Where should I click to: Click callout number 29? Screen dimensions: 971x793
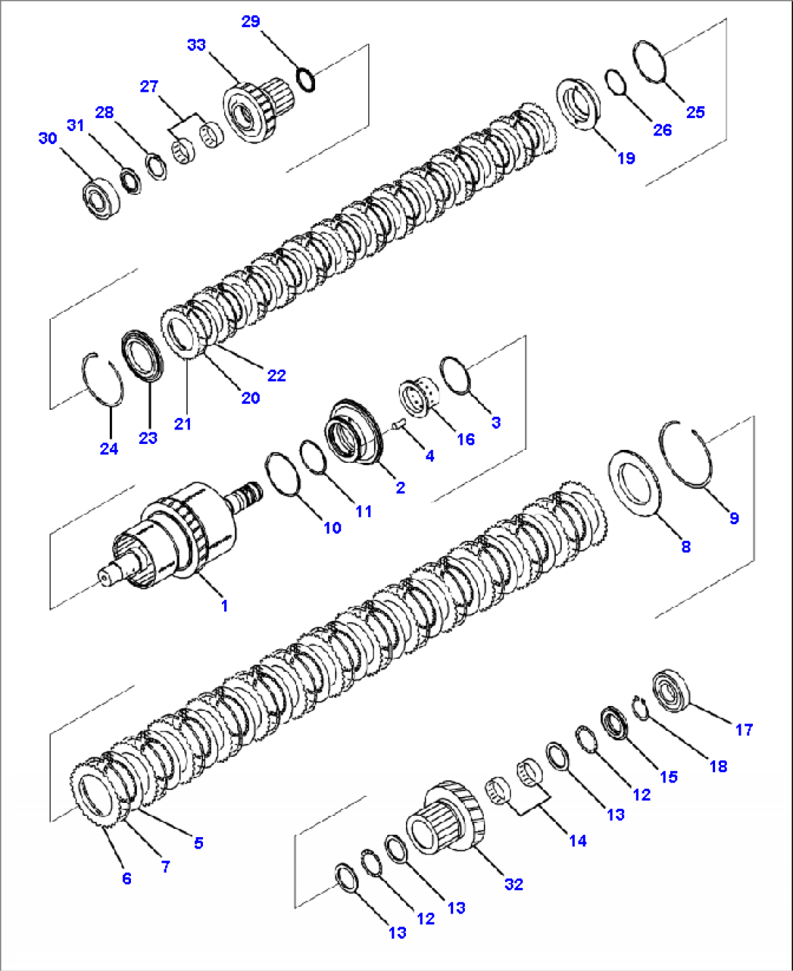click(250, 21)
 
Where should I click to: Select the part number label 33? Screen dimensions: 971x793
click(196, 45)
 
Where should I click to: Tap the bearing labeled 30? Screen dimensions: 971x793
click(100, 197)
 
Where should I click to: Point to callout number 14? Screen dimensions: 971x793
click(578, 841)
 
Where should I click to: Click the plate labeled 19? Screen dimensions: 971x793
click(578, 104)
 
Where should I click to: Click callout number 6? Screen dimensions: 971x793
click(127, 879)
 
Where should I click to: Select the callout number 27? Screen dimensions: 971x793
click(149, 87)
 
